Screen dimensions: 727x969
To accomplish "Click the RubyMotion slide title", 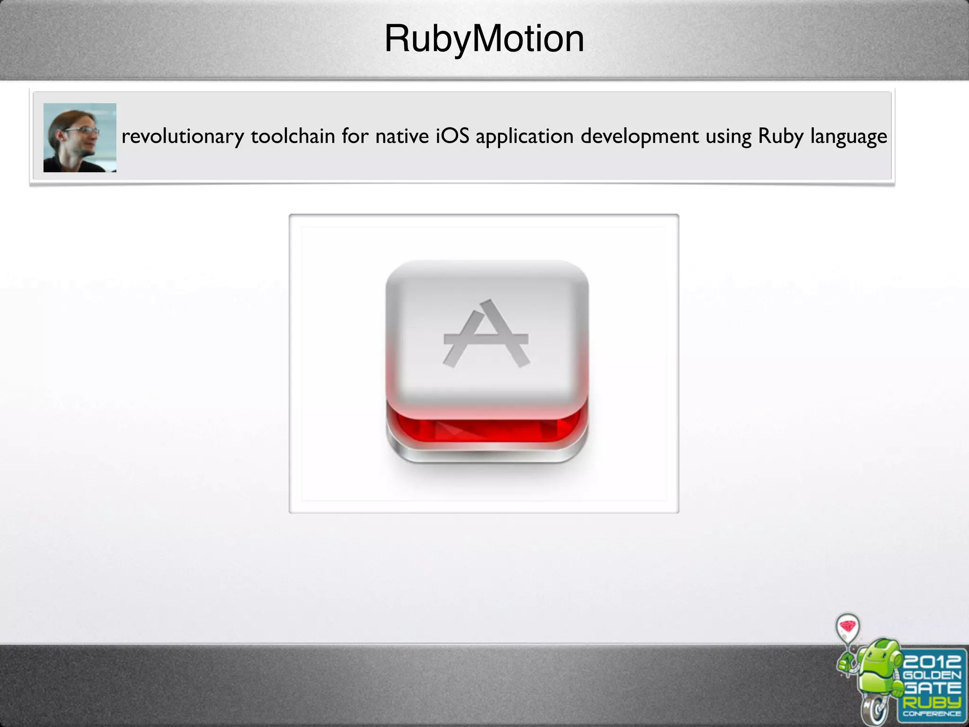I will click(x=484, y=39).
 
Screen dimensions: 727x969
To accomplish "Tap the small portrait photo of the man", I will click(x=79, y=137).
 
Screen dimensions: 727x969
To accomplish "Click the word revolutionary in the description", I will click(x=183, y=136).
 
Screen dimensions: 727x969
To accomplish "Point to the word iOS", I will click(x=452, y=136).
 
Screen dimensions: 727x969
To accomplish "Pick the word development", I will click(x=639, y=137).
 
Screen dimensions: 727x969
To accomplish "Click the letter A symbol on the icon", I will click(x=486, y=334).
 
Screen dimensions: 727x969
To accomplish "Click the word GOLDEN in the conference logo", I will click(x=932, y=675).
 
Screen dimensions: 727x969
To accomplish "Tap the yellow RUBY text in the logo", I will click(x=932, y=702).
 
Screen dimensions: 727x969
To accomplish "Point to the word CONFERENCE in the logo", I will click(x=932, y=714).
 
